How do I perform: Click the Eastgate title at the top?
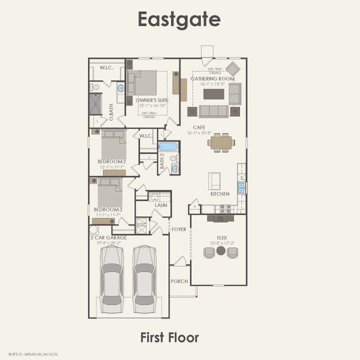179,19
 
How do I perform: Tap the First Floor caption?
170,337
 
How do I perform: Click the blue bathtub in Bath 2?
169,146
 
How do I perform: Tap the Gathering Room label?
212,79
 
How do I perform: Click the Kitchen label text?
220,194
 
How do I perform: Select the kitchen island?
214,181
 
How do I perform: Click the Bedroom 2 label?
112,161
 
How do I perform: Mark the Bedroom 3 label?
108,209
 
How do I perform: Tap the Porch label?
179,281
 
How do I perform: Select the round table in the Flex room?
221,251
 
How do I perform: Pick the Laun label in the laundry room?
161,205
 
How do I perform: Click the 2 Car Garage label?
109,237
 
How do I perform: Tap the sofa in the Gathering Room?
214,111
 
